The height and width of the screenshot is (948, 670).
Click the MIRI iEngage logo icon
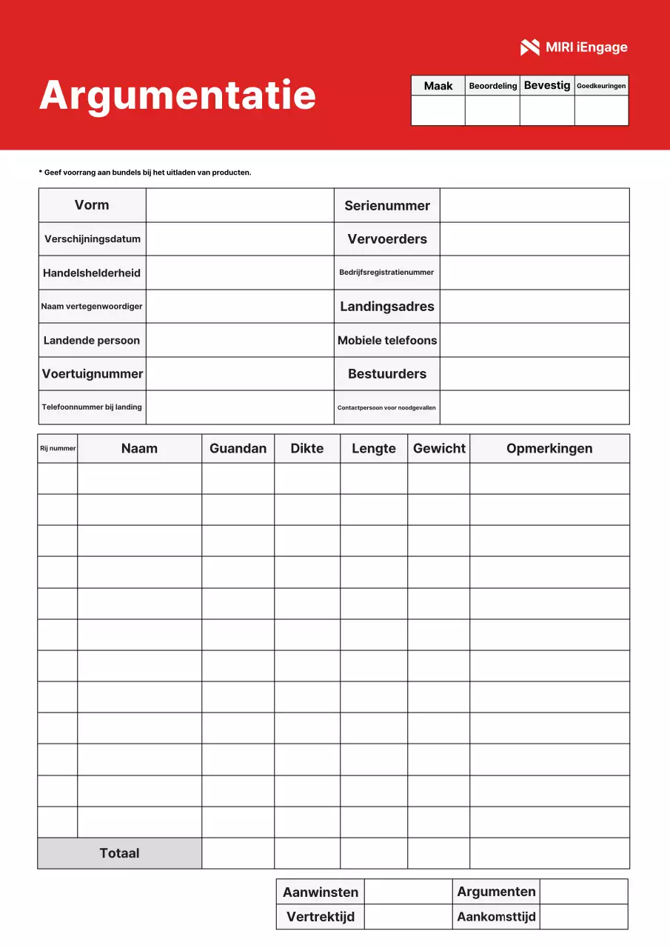[529, 47]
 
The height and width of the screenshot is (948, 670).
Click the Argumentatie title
[178, 95]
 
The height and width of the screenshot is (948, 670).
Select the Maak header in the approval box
[438, 86]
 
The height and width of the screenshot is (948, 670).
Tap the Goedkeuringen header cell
[601, 86]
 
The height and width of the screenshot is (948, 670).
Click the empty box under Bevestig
[547, 110]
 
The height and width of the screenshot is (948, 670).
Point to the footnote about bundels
[145, 173]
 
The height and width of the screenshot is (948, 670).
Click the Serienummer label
[386, 206]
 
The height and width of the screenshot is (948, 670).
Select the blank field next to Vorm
[240, 205]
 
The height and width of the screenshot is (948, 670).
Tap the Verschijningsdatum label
[93, 239]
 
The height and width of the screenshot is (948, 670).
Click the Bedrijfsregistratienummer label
[386, 273]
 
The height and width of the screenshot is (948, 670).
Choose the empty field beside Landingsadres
[535, 307]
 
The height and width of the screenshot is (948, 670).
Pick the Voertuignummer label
[93, 374]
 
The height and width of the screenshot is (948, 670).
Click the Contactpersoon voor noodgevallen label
[386, 408]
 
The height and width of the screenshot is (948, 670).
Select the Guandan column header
[238, 449]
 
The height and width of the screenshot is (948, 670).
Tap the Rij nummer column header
[58, 449]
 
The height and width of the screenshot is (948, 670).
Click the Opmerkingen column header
[549, 449]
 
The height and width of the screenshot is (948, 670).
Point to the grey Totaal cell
[119, 853]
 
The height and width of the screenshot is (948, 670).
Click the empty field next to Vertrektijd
[408, 917]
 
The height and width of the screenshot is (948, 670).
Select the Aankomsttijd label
[496, 917]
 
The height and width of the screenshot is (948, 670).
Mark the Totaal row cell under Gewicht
[438, 853]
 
